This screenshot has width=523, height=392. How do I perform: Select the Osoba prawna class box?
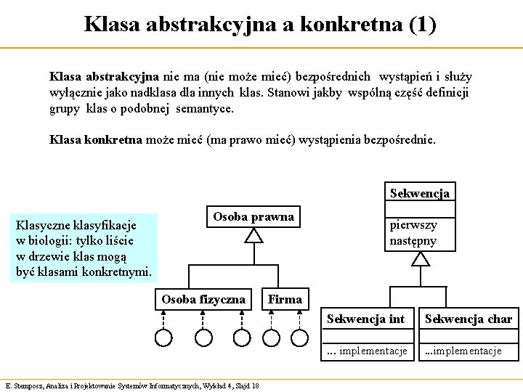253,216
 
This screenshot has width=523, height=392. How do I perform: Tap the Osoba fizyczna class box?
204,298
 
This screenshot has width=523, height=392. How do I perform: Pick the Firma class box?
285,298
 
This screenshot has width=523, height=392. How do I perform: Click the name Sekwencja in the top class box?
419,194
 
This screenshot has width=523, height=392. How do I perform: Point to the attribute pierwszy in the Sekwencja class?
413,226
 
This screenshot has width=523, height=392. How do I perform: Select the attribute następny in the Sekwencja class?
413,240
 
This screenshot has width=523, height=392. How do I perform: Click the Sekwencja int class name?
365,319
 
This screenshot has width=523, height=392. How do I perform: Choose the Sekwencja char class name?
468,319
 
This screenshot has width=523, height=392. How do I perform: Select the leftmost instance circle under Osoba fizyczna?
164,337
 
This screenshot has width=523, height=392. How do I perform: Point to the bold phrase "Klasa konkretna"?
95,139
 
